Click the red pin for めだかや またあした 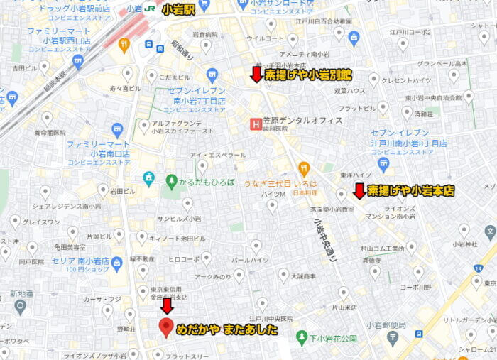(167, 327)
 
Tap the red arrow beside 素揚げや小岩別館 (256, 74)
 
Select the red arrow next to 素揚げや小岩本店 (359, 191)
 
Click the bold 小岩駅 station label (179, 9)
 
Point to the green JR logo (150, 9)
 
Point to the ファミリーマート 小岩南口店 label (99, 148)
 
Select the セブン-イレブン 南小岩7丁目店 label (200, 95)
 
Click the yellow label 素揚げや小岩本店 (411, 191)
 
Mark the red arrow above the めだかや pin (167, 306)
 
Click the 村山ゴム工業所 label (382, 249)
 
